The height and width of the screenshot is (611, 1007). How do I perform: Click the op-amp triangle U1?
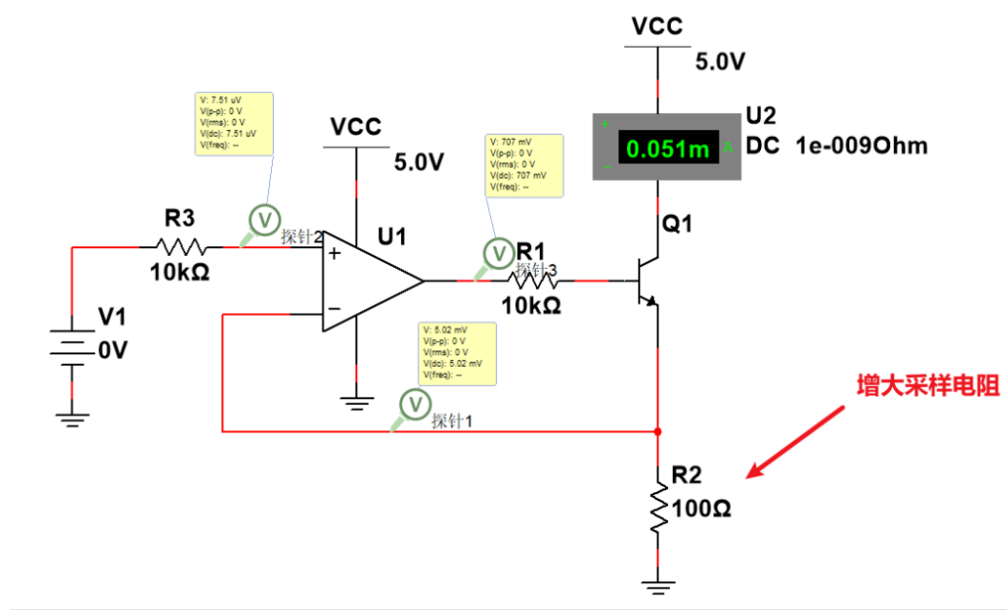369,282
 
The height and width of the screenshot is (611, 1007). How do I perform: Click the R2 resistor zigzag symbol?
659,508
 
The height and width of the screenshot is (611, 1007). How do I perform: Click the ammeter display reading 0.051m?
668,148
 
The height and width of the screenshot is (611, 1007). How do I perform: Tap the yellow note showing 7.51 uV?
235,124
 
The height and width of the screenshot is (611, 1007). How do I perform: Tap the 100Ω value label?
702,509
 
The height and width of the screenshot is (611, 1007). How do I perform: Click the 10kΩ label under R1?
527,306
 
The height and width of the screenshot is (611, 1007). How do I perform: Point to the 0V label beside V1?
111,351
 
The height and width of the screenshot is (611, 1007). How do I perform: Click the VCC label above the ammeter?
658,26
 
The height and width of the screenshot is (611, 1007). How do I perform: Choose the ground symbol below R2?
659,583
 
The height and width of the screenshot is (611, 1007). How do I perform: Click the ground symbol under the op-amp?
357,403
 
